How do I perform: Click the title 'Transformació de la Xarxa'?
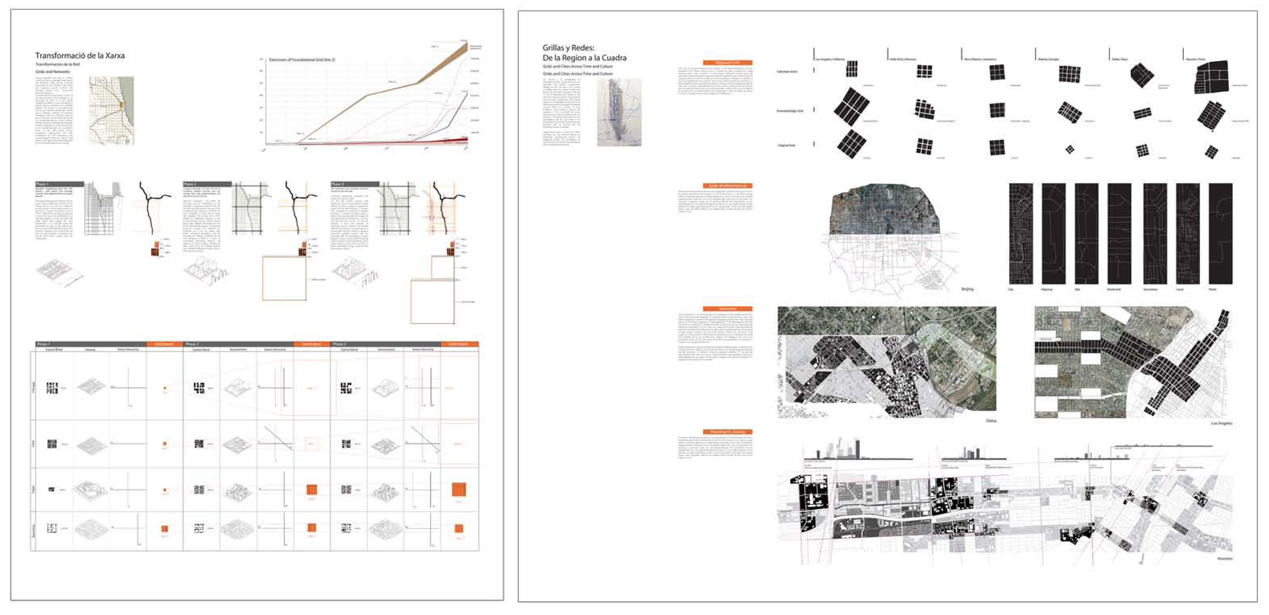click(80, 56)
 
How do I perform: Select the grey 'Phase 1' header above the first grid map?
click(59, 184)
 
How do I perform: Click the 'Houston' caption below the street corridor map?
click(1224, 558)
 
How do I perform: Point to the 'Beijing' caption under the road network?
click(967, 289)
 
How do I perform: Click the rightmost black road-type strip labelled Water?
click(1220, 234)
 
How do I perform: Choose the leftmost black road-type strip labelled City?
click(1021, 234)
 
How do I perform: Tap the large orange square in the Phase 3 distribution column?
click(459, 489)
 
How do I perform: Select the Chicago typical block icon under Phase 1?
click(52, 388)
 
